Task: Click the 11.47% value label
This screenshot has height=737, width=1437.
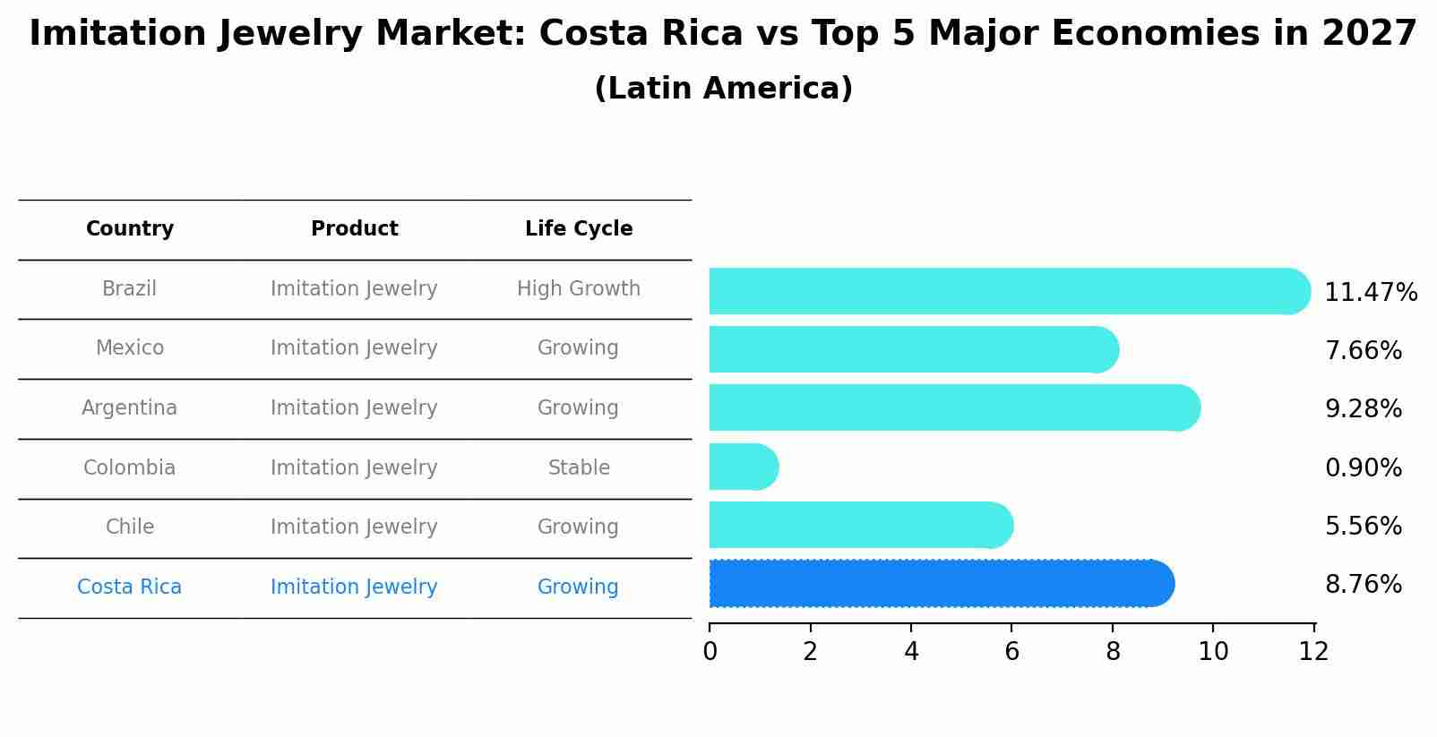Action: (x=1370, y=293)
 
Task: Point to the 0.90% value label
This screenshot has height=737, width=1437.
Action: (x=1363, y=467)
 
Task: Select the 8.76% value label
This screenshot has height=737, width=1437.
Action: (x=1363, y=585)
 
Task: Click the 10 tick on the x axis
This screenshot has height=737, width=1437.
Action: (x=1213, y=652)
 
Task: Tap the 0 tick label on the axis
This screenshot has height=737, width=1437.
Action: (x=710, y=652)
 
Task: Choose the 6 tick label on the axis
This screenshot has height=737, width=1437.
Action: (x=1011, y=652)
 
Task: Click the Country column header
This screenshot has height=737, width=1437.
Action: (x=130, y=229)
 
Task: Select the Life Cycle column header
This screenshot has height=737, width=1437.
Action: (x=579, y=229)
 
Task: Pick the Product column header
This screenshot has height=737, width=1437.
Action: (x=354, y=229)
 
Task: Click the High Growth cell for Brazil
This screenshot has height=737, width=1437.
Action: (x=579, y=289)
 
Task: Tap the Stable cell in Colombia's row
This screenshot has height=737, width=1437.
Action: (x=579, y=467)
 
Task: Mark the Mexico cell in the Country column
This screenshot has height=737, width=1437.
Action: (x=130, y=348)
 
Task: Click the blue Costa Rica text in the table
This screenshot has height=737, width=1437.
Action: (x=130, y=587)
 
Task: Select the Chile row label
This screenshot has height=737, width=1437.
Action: (x=130, y=527)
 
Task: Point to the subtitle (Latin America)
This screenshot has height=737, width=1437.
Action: (x=723, y=89)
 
